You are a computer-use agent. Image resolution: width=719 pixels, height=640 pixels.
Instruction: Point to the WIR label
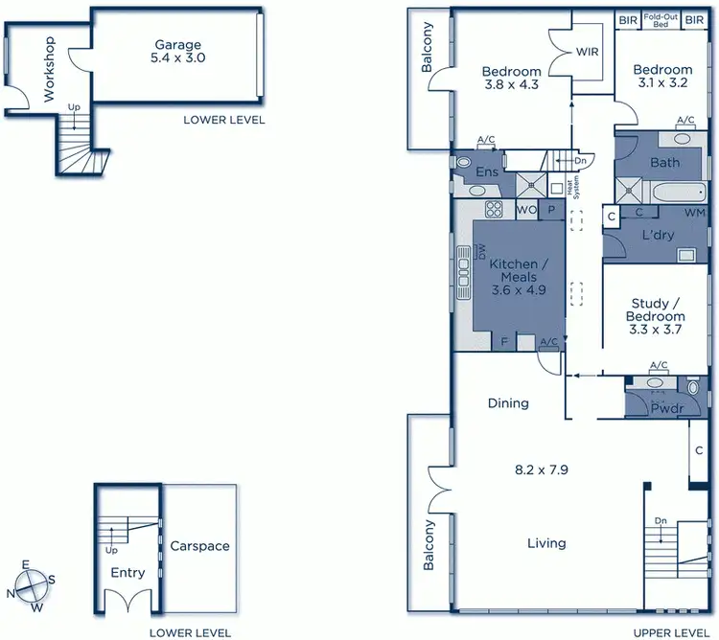coord(588,52)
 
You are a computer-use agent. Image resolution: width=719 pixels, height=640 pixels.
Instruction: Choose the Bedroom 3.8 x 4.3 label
coord(511,78)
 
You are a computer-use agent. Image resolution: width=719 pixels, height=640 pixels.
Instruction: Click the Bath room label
coord(664,163)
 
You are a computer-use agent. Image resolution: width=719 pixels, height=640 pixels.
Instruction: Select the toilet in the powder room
coord(694,387)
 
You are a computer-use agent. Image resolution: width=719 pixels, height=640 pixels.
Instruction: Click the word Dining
coord(508,403)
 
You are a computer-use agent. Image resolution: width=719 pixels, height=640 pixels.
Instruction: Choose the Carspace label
coord(199,546)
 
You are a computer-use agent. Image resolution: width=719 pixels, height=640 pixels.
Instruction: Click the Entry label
coord(128,573)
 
